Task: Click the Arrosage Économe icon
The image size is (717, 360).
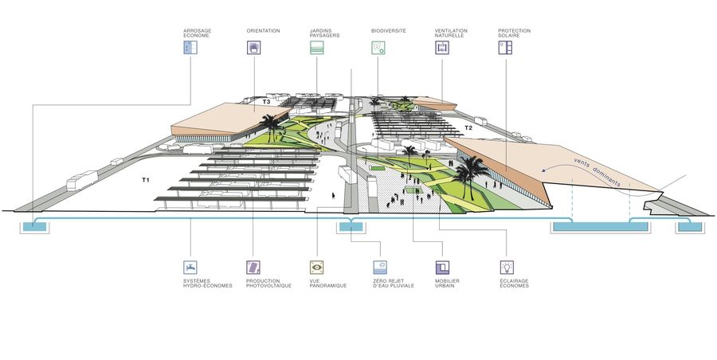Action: coord(190,48)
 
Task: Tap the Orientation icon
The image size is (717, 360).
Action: coord(253,48)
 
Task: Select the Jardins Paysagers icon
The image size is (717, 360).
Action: coord(316,48)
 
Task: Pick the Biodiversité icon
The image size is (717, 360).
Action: coord(378,48)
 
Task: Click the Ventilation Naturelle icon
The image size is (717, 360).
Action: coord(441,48)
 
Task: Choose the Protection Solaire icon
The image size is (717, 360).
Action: coord(505,48)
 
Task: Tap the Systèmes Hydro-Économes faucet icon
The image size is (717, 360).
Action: coord(190,268)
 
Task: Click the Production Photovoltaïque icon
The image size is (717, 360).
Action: coord(253,268)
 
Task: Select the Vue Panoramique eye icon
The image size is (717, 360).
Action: coord(316,268)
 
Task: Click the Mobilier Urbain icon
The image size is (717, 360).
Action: coord(442,268)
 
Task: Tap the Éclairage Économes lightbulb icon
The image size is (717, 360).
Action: coord(506,268)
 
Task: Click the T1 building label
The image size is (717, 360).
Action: coord(146,181)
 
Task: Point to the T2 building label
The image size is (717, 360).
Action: coord(468,127)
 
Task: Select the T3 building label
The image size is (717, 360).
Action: coord(267,103)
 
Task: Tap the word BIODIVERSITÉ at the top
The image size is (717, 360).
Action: coord(389,30)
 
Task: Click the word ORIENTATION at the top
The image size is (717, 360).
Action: coord(263,30)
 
